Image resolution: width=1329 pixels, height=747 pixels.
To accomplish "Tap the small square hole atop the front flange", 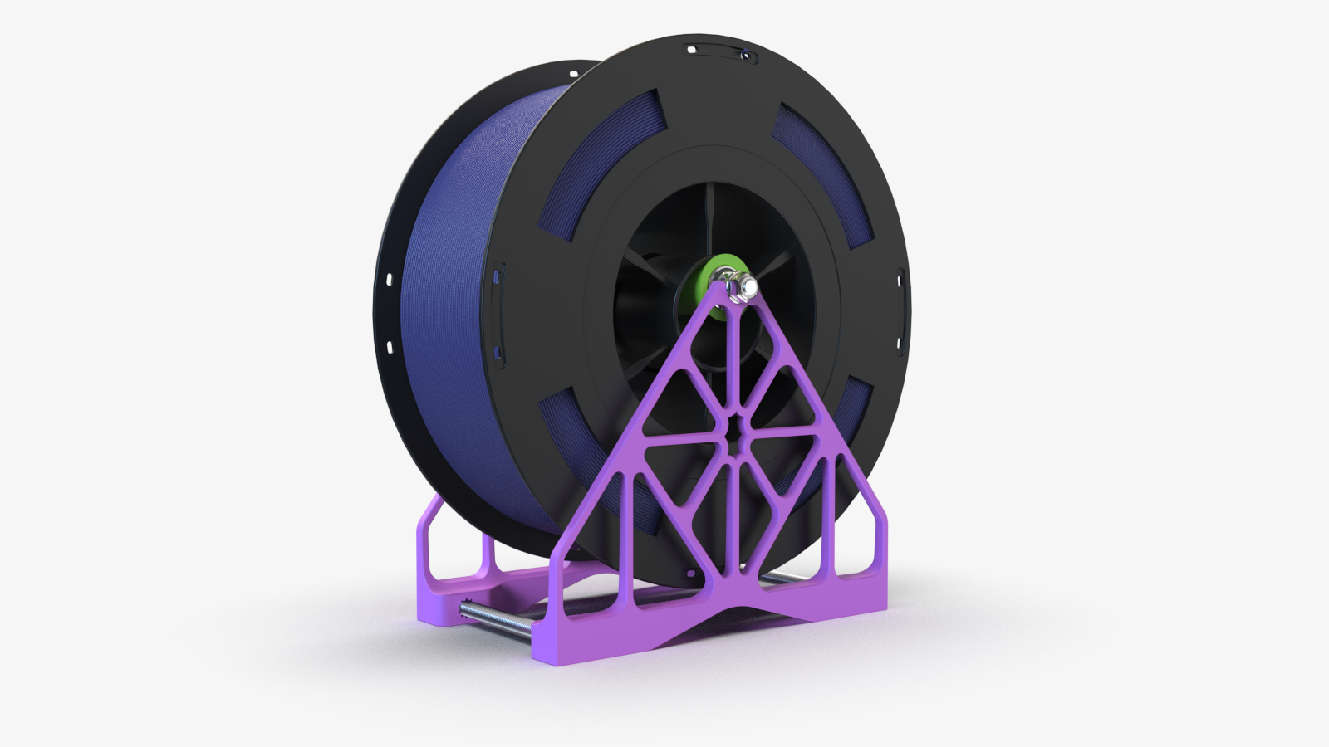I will point(691,50).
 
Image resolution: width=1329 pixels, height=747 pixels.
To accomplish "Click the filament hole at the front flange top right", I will point(746,56).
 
